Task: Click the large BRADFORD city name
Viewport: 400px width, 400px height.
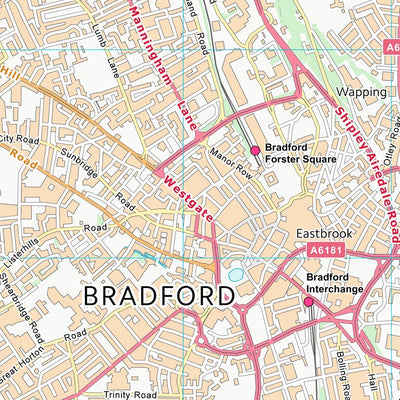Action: [x=159, y=295]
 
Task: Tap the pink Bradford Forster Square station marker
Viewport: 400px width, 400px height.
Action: [x=255, y=150]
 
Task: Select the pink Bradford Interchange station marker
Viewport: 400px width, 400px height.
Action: [x=308, y=301]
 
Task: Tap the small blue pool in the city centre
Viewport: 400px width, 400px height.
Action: [x=236, y=274]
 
